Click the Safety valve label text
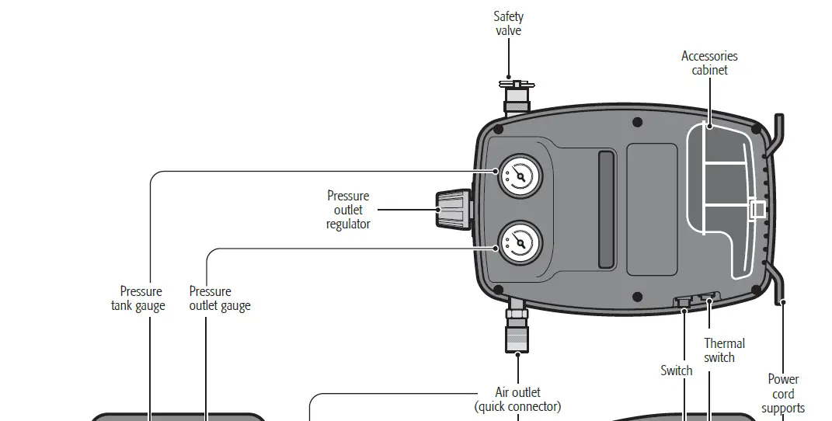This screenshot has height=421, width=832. tap(508, 23)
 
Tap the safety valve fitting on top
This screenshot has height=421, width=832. tap(516, 96)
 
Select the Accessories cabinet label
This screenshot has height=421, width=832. tap(709, 63)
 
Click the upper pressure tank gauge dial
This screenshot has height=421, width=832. tap(518, 176)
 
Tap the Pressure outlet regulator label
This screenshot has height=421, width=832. tap(348, 210)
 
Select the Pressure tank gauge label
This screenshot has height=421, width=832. tap(138, 298)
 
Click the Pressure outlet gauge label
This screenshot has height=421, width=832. tap(220, 298)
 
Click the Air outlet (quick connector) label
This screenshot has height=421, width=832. tap(517, 399)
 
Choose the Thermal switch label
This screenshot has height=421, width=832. tap(724, 350)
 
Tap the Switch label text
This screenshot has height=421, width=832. tap(676, 371)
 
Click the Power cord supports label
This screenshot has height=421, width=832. tap(783, 393)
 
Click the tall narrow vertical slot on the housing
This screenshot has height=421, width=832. tap(605, 210)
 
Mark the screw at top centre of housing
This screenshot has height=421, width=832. tap(637, 122)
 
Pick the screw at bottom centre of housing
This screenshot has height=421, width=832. tap(637, 297)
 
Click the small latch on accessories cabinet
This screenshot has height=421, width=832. tap(757, 208)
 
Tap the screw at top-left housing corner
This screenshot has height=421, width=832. tap(498, 129)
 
